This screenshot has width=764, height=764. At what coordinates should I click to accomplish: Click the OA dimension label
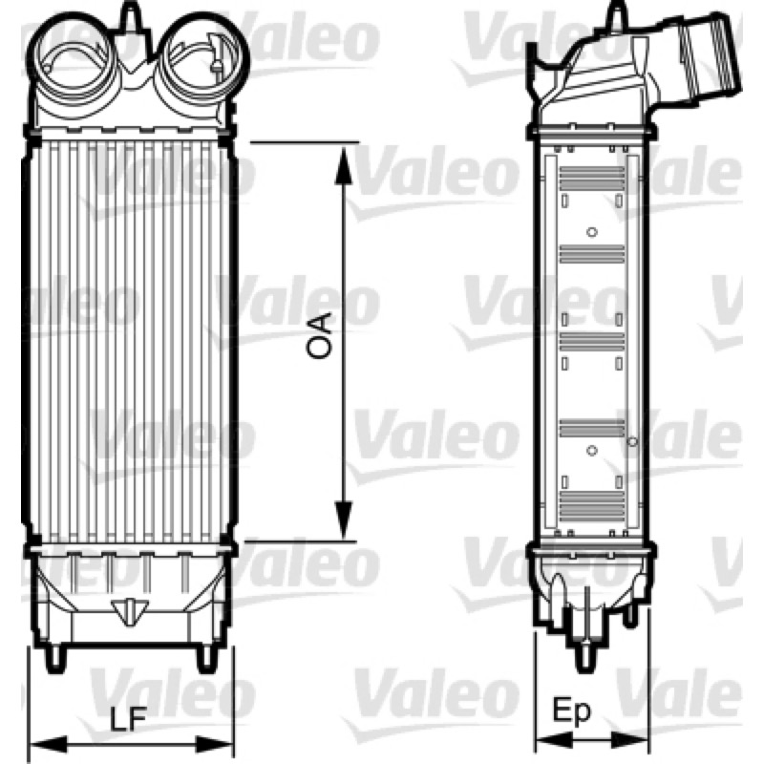(319, 337)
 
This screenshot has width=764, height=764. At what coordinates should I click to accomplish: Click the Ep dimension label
(571, 711)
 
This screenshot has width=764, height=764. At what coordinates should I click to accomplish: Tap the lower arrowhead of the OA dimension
(344, 519)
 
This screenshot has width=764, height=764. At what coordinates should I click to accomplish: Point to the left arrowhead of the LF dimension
(49, 744)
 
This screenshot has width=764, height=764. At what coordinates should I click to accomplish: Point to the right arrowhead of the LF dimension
(214, 744)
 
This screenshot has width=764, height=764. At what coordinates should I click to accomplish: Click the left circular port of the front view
(75, 60)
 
